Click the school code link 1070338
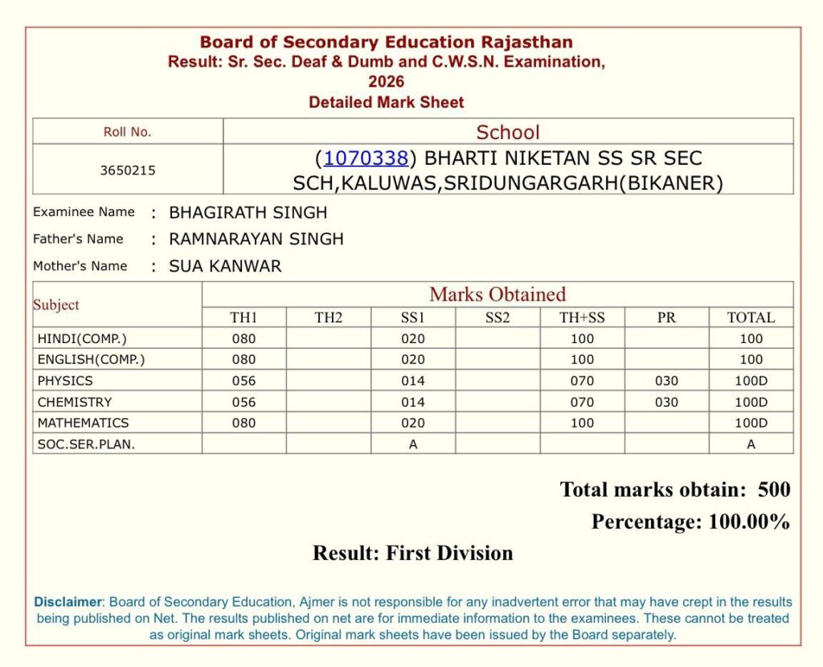[x=366, y=158]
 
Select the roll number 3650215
[x=128, y=170]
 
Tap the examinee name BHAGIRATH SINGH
[x=248, y=213]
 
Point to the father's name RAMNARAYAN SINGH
[x=256, y=239]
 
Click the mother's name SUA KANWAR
[x=225, y=266]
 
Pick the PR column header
[x=666, y=317]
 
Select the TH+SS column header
[x=582, y=317]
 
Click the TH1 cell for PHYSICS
[x=244, y=381]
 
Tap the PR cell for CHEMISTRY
[x=666, y=402]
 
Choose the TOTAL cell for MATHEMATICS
[x=751, y=423]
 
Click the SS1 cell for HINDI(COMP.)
[x=413, y=338]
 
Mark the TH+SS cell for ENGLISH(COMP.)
[x=582, y=359]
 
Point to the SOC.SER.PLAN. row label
[x=86, y=444]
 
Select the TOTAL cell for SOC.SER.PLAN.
[x=751, y=444]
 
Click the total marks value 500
[x=774, y=489]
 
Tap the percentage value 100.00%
[x=749, y=522]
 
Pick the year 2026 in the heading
[x=387, y=82]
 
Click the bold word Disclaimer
[x=68, y=602]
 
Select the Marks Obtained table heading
[x=497, y=294]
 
